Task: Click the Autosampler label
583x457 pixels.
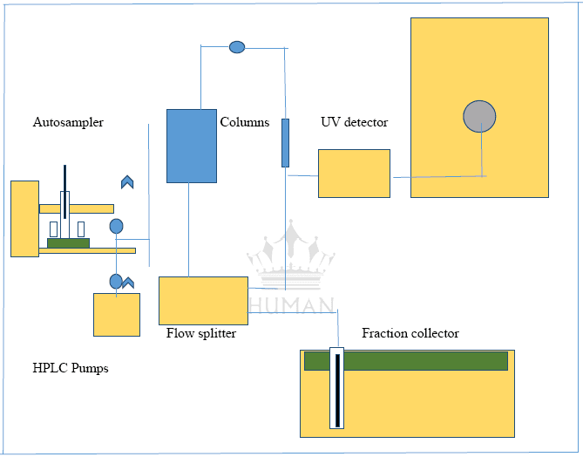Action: pos(68,123)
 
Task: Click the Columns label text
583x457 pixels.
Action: pos(244,123)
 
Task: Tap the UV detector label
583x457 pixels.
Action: pos(354,123)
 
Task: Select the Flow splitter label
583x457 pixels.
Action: pos(201,333)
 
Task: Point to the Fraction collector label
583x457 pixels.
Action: pos(410,334)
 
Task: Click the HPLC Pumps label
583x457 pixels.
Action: pos(71,369)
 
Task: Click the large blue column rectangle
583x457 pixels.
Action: pos(192,146)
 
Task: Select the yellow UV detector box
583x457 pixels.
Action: pos(354,174)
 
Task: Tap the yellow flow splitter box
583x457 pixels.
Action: pos(203,300)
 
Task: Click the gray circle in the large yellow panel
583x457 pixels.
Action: pos(478,116)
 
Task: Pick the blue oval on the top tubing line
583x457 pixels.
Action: pos(237,47)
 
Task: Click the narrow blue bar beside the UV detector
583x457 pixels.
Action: pos(285,143)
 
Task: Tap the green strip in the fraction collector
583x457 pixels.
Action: pos(406,361)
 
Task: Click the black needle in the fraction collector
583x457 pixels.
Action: pos(337,390)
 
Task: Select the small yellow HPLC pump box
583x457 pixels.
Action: pos(117,315)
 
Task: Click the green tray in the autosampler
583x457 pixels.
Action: pos(69,243)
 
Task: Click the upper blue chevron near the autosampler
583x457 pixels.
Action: pos(127,181)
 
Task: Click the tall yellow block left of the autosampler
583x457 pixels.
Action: pos(24,218)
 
